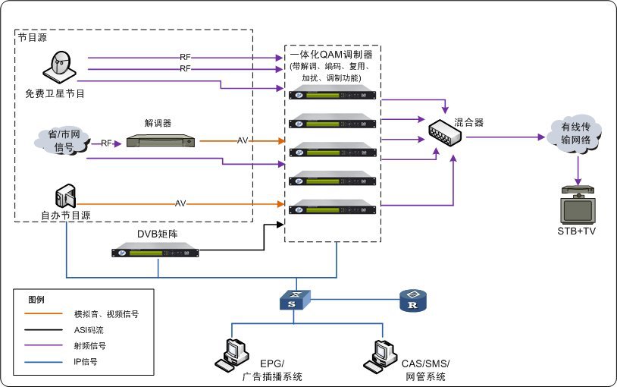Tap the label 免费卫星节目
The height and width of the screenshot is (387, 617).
(x=55, y=94)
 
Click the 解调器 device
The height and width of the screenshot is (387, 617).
(x=161, y=140)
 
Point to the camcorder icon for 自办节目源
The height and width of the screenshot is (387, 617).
(x=65, y=196)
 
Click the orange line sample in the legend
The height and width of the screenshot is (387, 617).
(x=43, y=313)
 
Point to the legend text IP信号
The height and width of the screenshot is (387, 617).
(x=86, y=362)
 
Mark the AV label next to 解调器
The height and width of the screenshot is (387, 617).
(x=243, y=140)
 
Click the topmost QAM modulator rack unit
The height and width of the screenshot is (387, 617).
(x=332, y=94)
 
